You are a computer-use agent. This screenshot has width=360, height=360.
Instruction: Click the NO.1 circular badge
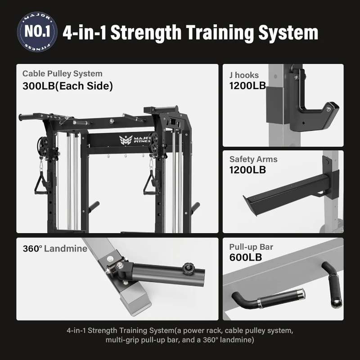pyautogui.click(x=37, y=32)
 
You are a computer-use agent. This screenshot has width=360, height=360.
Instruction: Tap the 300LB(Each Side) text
pyautogui.click(x=67, y=86)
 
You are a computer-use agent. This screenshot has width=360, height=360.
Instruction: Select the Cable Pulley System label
pyautogui.click(x=63, y=73)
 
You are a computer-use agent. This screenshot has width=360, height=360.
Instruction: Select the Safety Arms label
pyautogui.click(x=253, y=159)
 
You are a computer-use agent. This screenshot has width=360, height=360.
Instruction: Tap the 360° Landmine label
pyautogui.click(x=55, y=248)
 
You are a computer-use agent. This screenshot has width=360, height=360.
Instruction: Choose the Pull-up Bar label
pyautogui.click(x=251, y=247)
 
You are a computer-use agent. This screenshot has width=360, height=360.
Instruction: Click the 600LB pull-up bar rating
pyautogui.click(x=245, y=258)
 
